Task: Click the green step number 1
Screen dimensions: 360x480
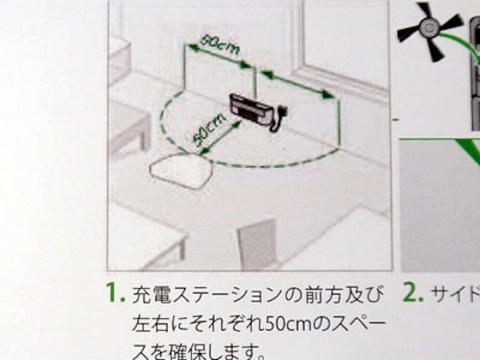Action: (x=114, y=293)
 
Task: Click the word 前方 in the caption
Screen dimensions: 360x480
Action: (x=324, y=295)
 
